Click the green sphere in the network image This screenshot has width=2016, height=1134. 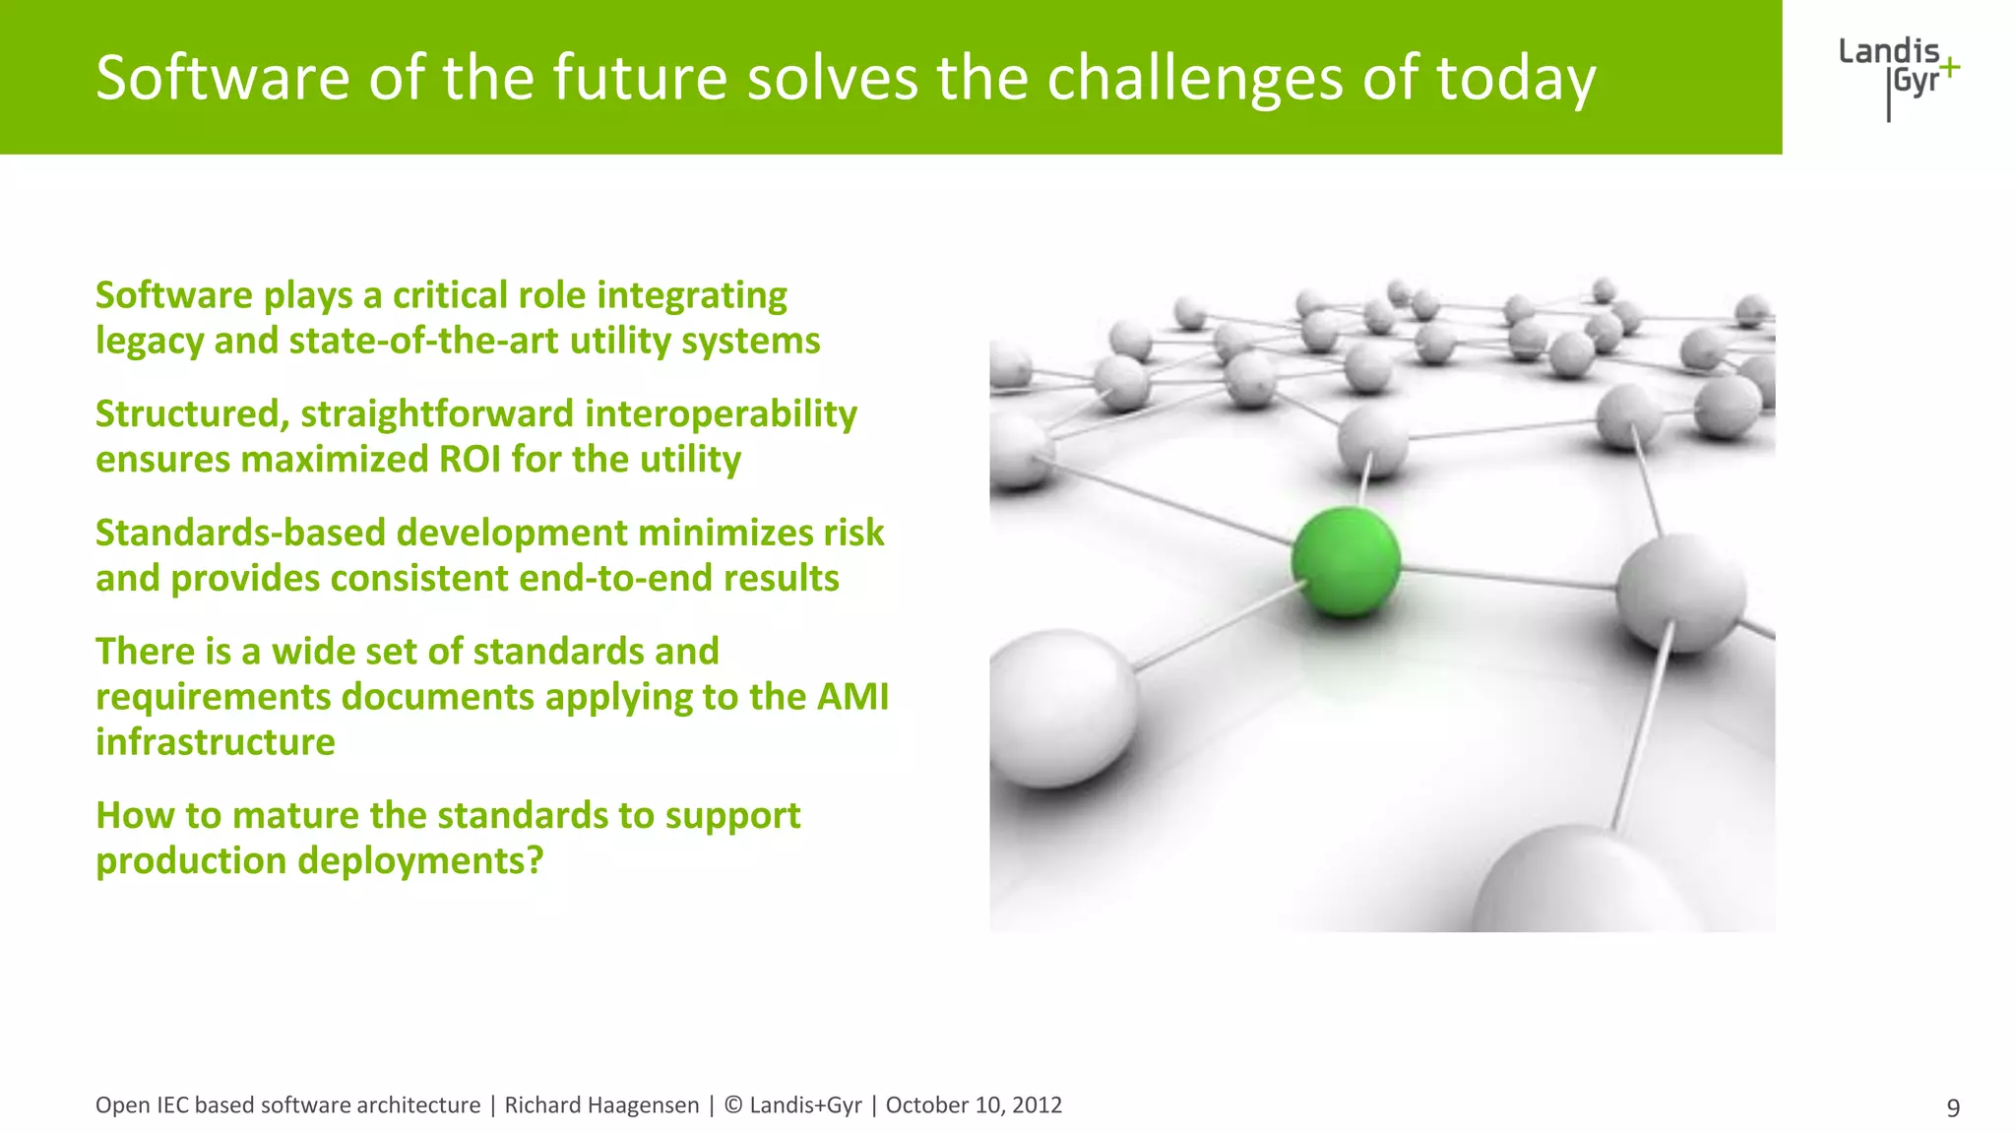pos(1346,561)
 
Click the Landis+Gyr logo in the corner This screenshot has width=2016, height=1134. pos(1898,75)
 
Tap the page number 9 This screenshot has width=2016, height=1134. pos(1953,1107)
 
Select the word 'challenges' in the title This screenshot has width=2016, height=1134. pos(1194,79)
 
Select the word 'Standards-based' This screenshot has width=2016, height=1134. pos(240,533)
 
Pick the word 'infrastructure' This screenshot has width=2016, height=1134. pos(215,742)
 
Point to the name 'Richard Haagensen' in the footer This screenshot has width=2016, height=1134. pos(601,1105)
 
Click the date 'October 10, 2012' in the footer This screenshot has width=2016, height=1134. pos(974,1105)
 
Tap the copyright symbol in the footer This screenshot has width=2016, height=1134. pos(733,1105)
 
